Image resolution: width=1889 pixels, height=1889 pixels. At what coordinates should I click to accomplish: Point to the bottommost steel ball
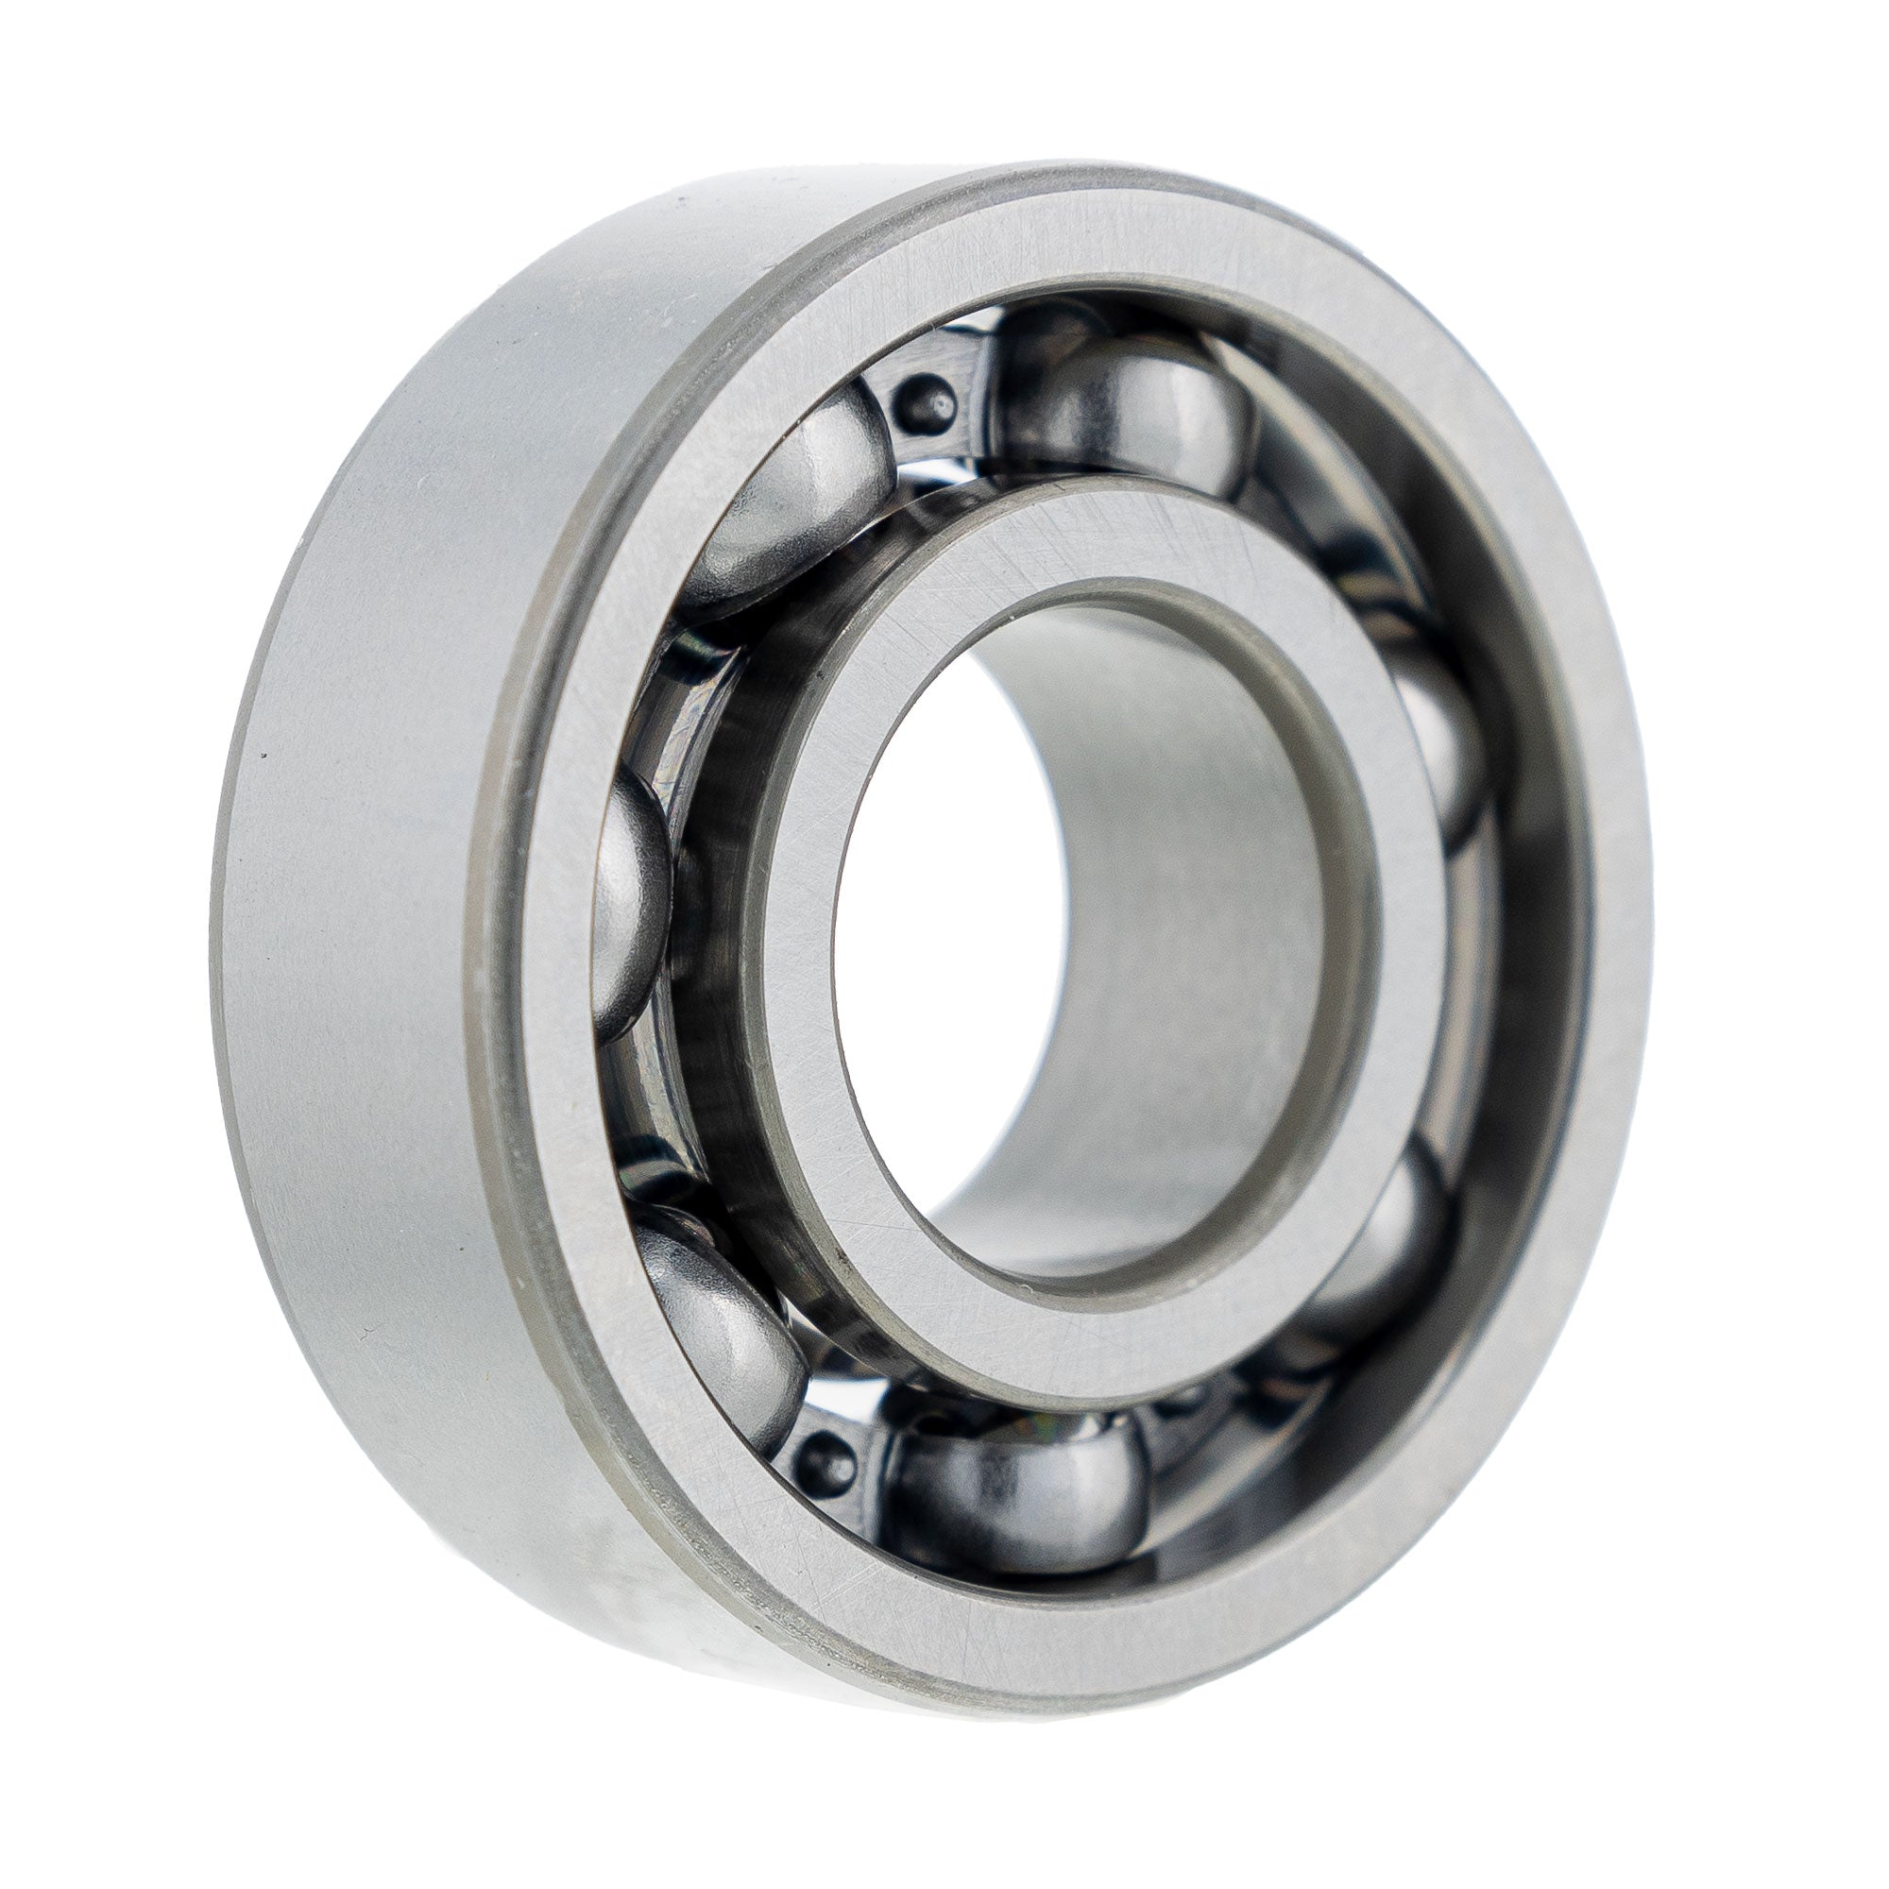pyautogui.click(x=1017, y=1496)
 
